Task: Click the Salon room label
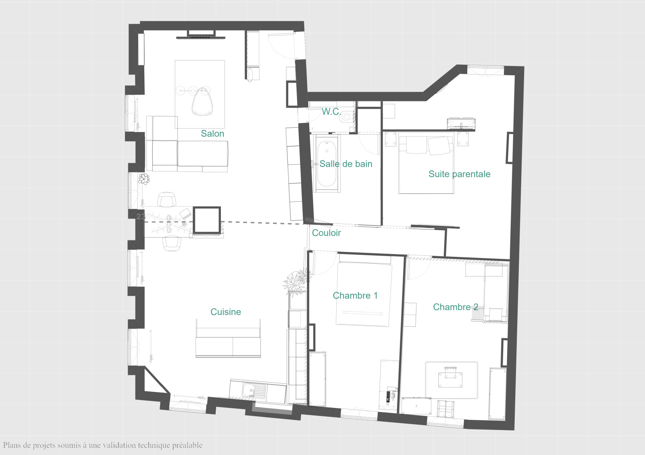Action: [212, 133]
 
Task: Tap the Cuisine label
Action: [226, 312]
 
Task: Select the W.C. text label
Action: [331, 112]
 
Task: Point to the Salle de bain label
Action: [346, 164]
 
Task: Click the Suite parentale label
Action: [460, 174]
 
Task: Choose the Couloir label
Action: [327, 233]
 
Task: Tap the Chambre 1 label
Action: [355, 296]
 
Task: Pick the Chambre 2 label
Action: [456, 307]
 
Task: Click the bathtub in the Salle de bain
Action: [327, 163]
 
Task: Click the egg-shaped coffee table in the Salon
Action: [202, 102]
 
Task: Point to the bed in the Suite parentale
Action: [426, 163]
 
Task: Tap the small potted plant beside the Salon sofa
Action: [144, 179]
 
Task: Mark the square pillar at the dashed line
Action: [206, 220]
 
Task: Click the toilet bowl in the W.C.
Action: [348, 116]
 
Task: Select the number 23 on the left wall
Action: [141, 217]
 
